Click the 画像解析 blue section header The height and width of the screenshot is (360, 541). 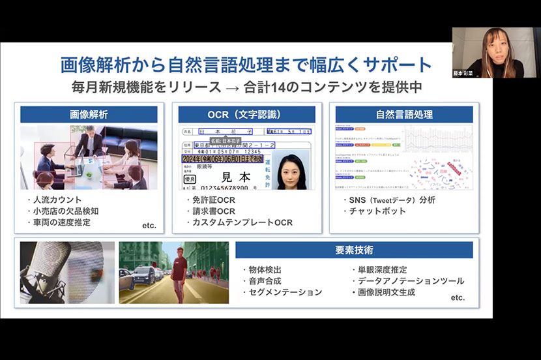point(89,115)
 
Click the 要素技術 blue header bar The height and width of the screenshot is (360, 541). point(354,250)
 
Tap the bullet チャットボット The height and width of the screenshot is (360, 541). point(376,211)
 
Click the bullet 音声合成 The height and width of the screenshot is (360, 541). point(268,280)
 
